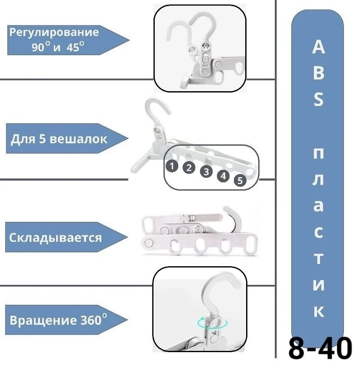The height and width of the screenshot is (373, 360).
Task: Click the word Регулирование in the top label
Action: click(54, 32)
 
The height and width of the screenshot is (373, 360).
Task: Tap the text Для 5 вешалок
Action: click(58, 139)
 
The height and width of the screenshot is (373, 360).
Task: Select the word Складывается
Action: click(56, 238)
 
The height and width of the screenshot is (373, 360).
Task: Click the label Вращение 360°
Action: click(58, 321)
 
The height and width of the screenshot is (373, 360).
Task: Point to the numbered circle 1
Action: click(172, 165)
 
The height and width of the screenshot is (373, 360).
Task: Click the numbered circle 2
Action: click(188, 168)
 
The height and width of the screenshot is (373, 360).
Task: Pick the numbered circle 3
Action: click(206, 172)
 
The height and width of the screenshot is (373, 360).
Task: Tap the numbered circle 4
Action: click(223, 176)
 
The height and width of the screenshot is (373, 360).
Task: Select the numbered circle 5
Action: click(240, 181)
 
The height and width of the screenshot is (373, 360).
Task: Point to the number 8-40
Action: click(320, 350)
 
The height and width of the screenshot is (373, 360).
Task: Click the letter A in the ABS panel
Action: click(318, 47)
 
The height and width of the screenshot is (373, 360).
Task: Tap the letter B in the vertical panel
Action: click(318, 74)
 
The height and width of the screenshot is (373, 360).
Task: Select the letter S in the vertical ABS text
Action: click(318, 100)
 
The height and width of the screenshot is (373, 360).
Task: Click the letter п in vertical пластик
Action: click(318, 153)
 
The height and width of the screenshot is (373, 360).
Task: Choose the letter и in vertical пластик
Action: click(318, 285)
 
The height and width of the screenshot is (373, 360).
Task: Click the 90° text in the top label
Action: click(41, 47)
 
